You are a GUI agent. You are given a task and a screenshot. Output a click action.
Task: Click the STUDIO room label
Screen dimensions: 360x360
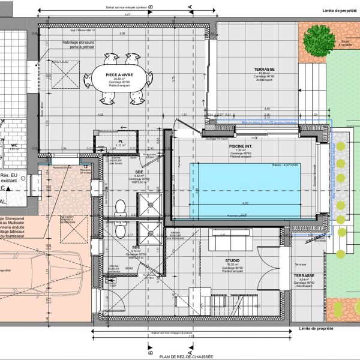click(233, 261)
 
